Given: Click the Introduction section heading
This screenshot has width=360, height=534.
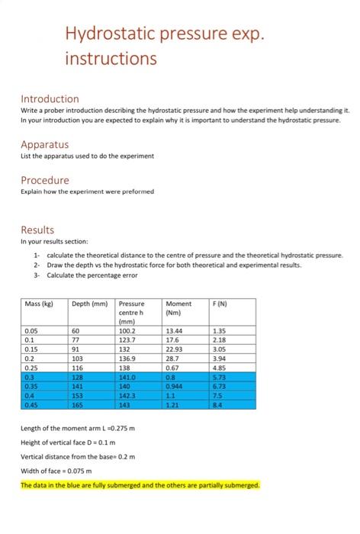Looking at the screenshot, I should [x=50, y=99].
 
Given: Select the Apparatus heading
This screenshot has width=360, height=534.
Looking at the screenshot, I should [x=44, y=144].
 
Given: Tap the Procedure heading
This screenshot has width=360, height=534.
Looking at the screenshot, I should [x=44, y=180].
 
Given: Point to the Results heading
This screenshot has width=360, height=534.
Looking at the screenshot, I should [x=37, y=229].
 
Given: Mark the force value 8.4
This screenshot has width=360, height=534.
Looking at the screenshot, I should [x=218, y=405].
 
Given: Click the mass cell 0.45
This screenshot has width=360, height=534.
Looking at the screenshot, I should [x=32, y=405].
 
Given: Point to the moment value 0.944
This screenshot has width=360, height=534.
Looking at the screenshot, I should [x=175, y=387].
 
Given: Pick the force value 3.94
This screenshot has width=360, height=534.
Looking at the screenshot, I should [x=220, y=359].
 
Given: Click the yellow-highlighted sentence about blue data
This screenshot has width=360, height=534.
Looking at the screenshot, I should [x=140, y=485].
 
